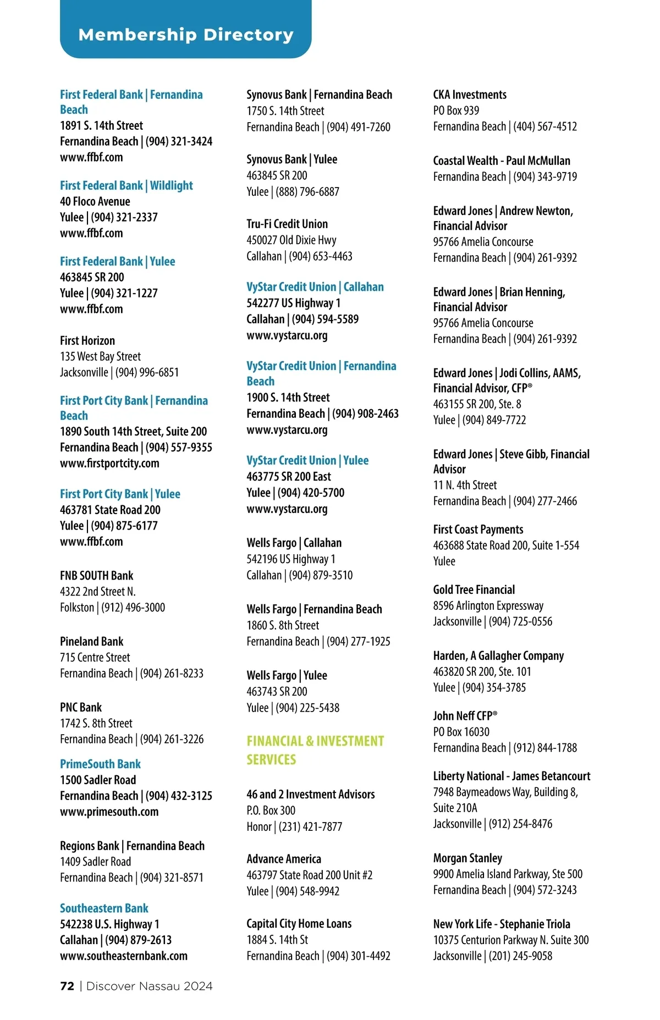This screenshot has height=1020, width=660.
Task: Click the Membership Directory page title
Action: coord(186,35)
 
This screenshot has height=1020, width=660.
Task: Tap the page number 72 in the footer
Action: coord(67,986)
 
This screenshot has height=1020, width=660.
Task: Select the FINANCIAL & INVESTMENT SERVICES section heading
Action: coord(315,750)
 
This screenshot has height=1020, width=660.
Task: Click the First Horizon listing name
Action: coord(87,340)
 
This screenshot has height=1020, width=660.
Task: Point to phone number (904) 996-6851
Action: coord(147,372)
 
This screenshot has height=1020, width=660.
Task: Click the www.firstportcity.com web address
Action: coord(109,463)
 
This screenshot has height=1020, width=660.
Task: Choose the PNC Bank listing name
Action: coord(81,707)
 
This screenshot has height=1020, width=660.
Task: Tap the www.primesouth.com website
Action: coord(109,812)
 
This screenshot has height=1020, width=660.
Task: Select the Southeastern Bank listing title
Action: coord(104,908)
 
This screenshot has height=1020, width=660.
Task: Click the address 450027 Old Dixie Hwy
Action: coord(291,240)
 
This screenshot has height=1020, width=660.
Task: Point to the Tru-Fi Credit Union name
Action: coord(287,224)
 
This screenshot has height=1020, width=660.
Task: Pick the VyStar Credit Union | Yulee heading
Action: coord(307,460)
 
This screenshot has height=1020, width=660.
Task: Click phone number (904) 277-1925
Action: coord(359,641)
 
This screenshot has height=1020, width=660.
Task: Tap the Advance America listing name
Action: coord(284,858)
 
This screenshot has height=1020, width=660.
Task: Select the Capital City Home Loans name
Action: coord(299,923)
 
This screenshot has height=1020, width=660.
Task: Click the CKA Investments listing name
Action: coord(470,95)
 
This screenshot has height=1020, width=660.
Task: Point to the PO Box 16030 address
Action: coord(461,731)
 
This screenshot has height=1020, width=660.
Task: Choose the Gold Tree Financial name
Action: coord(474,589)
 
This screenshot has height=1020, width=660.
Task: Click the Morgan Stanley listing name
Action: coord(468,858)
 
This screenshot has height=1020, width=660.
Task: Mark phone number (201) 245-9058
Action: coord(520,956)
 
